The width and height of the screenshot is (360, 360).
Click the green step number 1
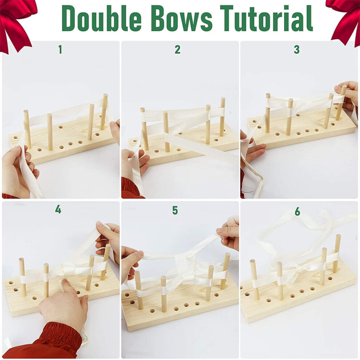tap(60, 49)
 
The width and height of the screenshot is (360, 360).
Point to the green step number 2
tap(177, 49)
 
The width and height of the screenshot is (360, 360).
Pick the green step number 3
tap(297, 49)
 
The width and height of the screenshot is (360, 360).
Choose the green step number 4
tap(58, 209)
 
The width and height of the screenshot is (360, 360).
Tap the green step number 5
tap(175, 210)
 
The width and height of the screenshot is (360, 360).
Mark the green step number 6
tap(297, 211)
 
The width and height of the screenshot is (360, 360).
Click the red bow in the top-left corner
tap(16, 23)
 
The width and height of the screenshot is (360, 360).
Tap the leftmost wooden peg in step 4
tap(23, 277)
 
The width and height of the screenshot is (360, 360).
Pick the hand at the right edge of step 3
tap(348, 95)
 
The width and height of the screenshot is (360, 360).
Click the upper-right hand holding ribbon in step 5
tap(228, 232)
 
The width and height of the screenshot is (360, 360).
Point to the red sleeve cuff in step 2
tap(131, 187)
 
